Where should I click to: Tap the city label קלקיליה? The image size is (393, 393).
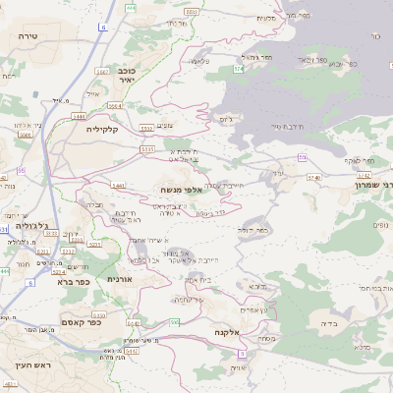click(101, 129)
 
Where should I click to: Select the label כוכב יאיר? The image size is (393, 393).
click(133, 77)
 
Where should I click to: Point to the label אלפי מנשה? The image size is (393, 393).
click(182, 189)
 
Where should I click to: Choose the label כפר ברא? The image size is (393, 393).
click(73, 281)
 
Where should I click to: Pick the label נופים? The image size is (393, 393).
click(380, 226)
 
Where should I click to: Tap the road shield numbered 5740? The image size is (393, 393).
click(313, 178)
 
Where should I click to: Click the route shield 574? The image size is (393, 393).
click(238, 69)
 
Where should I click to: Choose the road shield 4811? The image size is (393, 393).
click(11, 380)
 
